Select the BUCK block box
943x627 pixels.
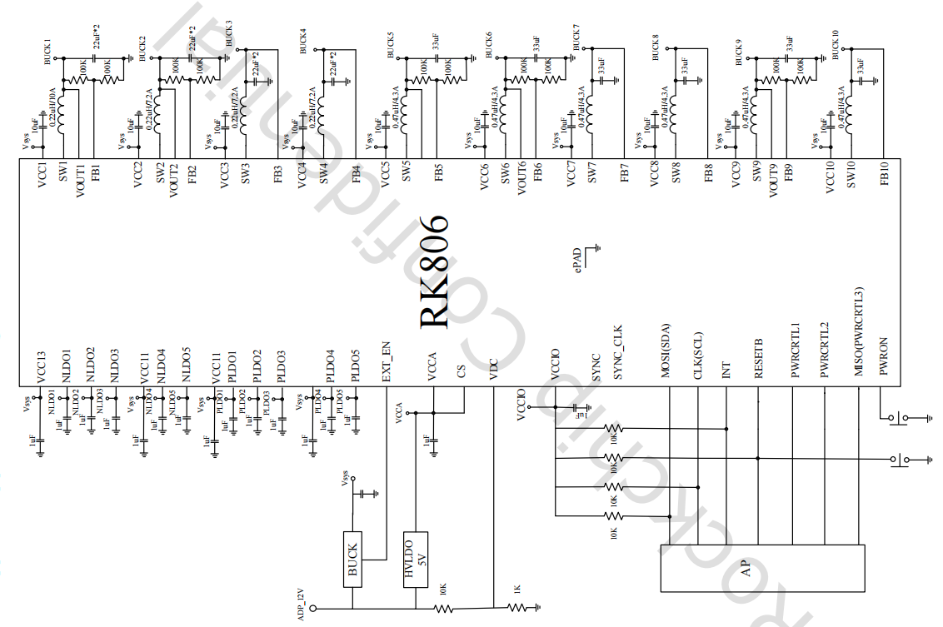(x=352, y=560)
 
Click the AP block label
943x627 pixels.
(x=746, y=569)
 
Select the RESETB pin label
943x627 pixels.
(x=758, y=359)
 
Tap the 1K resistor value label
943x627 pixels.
(x=516, y=590)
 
